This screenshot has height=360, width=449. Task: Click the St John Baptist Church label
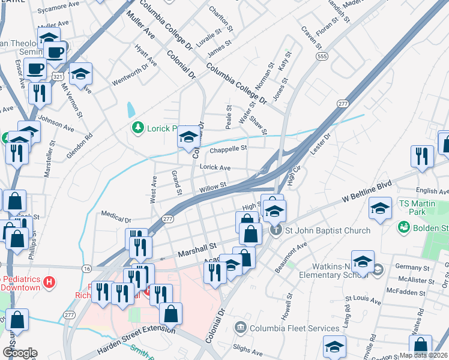[327, 230]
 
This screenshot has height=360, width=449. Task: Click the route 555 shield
[323, 56]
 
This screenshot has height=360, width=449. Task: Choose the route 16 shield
[88, 268]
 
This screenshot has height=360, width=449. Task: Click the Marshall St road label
[196, 248]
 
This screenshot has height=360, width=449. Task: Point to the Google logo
[20, 353]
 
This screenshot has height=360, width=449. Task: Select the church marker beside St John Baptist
[276, 230]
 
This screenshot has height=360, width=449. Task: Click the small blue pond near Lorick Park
[131, 110]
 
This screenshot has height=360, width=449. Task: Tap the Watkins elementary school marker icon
[377, 270]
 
